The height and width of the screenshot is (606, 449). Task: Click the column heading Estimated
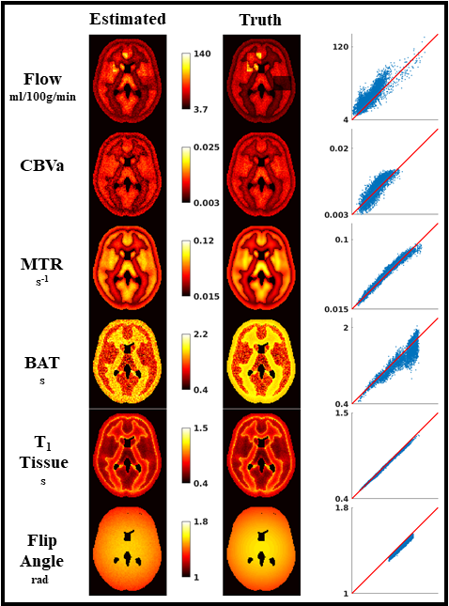[x=128, y=19]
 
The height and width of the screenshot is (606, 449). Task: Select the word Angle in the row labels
[x=42, y=560]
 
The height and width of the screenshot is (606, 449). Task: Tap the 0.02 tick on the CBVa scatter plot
[x=337, y=149]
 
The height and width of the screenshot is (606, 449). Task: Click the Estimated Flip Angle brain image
[x=128, y=550]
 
